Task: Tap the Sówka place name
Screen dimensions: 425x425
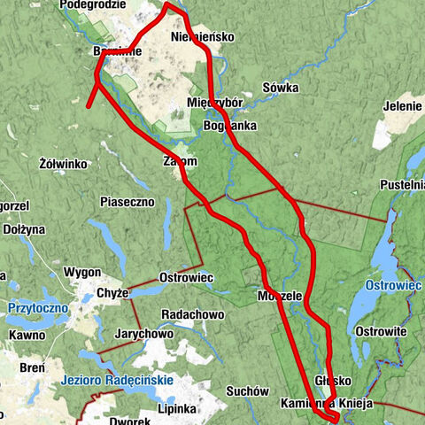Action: (281, 89)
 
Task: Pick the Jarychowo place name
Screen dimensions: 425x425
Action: (143, 334)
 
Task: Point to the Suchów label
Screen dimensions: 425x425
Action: (247, 390)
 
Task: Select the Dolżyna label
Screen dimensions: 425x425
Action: (23, 228)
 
